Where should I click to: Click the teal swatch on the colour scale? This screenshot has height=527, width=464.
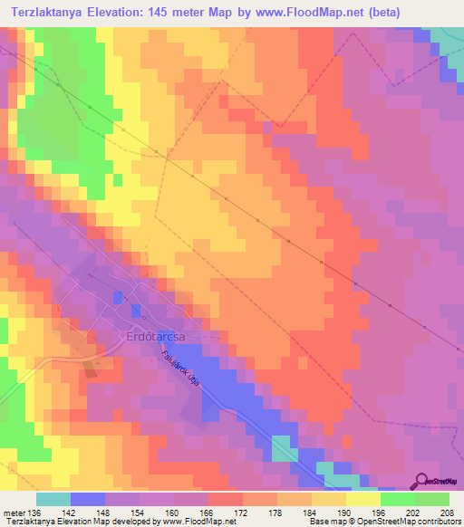pos(53,499)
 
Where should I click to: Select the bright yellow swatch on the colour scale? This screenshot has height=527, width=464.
pos(363,499)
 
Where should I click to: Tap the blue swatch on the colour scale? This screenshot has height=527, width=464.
pos(88,499)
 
